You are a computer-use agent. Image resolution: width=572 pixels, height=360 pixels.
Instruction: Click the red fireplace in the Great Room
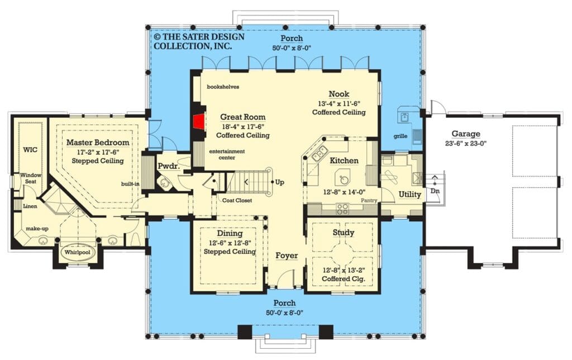click(x=199, y=121)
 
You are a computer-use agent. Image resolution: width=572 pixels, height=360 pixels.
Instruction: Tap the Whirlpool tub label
click(x=77, y=252)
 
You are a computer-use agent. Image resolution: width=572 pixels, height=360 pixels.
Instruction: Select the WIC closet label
click(x=30, y=150)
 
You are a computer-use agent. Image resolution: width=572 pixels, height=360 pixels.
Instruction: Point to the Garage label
click(x=466, y=134)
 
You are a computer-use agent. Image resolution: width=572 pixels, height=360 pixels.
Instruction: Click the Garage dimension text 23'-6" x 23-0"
click(x=466, y=144)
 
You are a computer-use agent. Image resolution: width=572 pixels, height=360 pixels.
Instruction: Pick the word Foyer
click(x=287, y=255)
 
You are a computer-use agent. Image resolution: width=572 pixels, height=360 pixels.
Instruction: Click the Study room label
click(x=344, y=232)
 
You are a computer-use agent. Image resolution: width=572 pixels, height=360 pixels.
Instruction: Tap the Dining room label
click(x=230, y=233)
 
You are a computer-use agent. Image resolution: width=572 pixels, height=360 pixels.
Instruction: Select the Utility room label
click(x=409, y=194)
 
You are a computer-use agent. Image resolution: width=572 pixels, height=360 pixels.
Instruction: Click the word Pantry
click(x=369, y=201)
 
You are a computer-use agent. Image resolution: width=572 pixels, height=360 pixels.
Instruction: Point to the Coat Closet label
click(x=237, y=201)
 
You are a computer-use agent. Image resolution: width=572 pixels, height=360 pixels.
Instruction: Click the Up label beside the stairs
click(x=279, y=182)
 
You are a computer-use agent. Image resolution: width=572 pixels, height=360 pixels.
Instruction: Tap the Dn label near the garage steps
click(x=435, y=191)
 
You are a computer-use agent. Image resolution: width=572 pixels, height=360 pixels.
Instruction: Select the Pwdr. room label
click(x=169, y=166)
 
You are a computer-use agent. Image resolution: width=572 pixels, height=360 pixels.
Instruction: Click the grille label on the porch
click(x=401, y=136)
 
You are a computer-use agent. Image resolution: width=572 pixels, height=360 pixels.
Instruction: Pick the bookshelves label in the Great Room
click(x=223, y=87)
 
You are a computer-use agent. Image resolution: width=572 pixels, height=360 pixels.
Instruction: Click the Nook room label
click(x=339, y=94)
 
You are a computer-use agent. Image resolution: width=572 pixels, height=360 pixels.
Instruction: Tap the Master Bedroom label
click(x=98, y=143)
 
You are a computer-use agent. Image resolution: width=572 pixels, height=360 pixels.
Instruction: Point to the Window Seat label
click(x=31, y=178)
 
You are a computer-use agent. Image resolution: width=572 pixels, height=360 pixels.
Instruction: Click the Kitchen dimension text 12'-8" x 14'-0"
click(x=344, y=192)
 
